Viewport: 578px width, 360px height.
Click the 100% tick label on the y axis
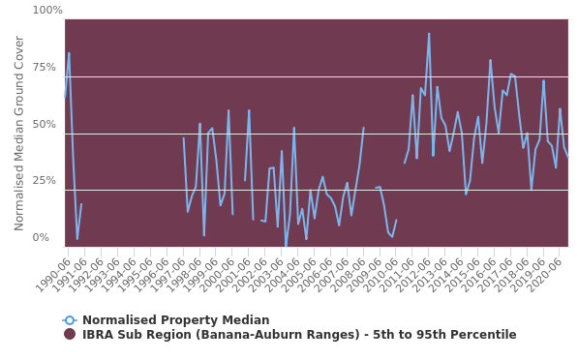47,11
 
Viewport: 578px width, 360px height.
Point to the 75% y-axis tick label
47,68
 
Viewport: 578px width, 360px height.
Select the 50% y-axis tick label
47,125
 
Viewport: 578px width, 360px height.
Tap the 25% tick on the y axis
47,181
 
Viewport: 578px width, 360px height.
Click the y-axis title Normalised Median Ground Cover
19,133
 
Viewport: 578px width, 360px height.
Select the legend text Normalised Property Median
175,320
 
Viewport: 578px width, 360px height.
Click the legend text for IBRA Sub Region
299,335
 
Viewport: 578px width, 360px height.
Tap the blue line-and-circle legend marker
70,320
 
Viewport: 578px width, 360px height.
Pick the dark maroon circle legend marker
70,335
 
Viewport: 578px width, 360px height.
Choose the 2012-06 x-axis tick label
417,269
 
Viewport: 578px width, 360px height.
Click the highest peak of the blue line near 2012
429,34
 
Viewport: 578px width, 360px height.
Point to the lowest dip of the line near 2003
286,247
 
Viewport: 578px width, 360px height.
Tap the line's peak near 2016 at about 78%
490,60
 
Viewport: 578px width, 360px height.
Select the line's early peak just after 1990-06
69,53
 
